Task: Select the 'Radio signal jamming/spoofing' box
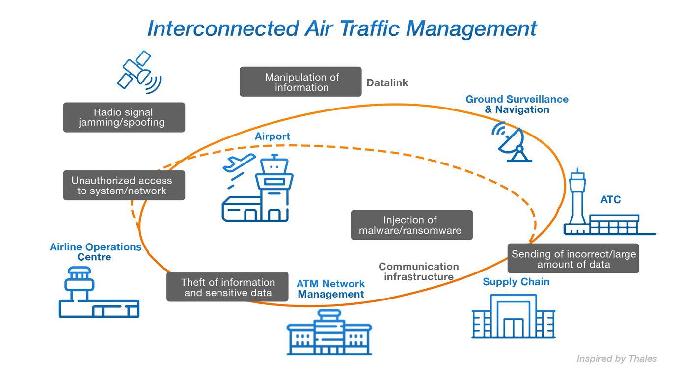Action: click(124, 117)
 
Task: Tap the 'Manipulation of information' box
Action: click(300, 82)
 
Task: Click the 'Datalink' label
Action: click(387, 83)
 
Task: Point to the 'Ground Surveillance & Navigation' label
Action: click(517, 104)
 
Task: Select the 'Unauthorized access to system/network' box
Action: click(124, 186)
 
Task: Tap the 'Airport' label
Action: click(272, 136)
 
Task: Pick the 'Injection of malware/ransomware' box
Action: click(411, 225)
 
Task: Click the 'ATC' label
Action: click(610, 200)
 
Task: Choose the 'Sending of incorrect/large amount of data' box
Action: click(573, 259)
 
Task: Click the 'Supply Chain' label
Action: click(516, 282)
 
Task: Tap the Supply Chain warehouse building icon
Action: click(514, 317)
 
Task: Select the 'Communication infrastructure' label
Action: click(418, 272)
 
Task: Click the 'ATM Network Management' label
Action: click(330, 289)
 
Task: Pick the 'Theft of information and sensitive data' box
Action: click(227, 287)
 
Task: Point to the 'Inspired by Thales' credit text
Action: click(616, 359)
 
